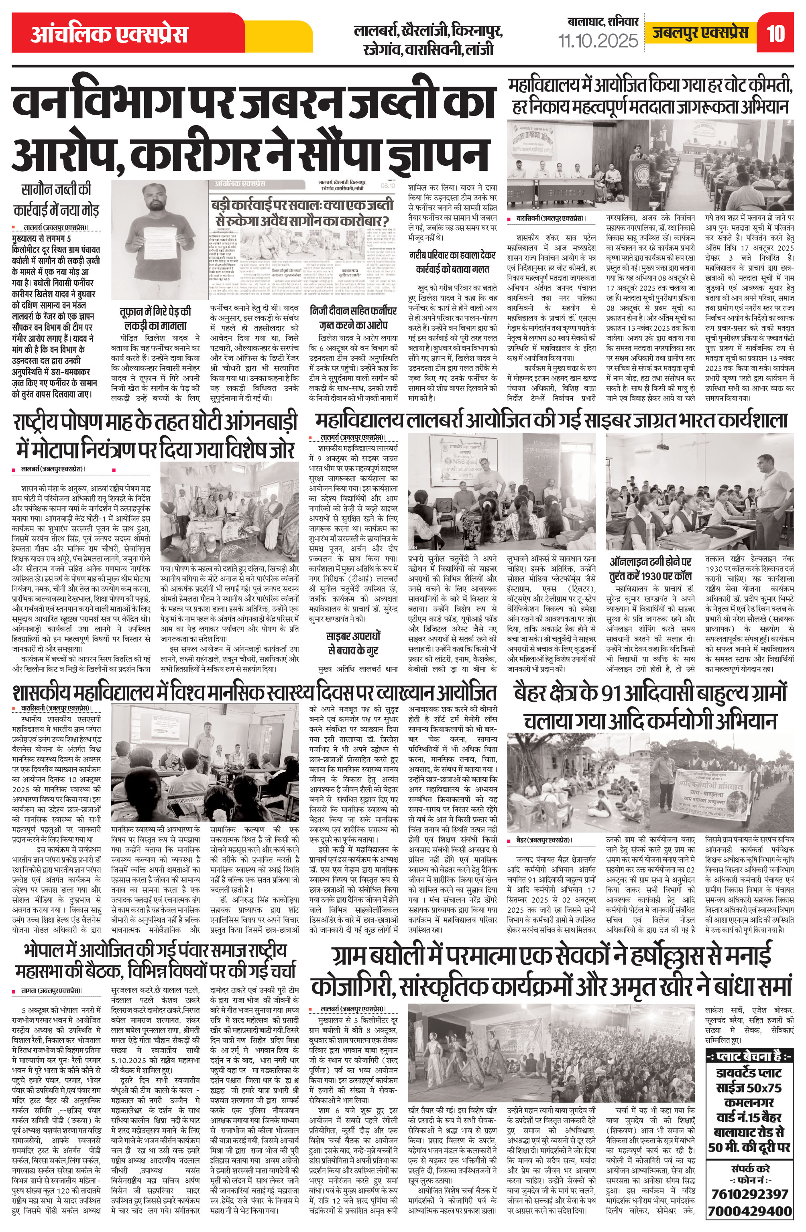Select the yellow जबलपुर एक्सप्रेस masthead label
coord(700,33)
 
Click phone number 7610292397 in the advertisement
coord(749,1194)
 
